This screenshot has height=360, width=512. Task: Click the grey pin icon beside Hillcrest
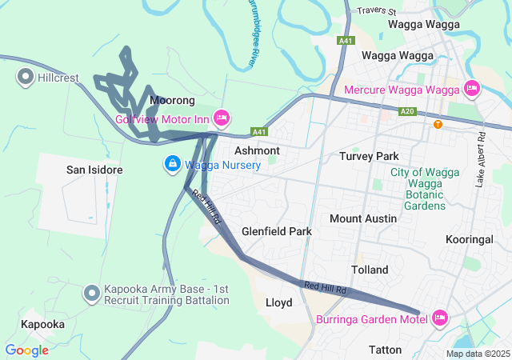(x=25, y=78)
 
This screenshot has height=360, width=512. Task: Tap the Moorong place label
(x=172, y=101)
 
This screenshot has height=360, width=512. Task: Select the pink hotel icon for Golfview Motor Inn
(x=222, y=118)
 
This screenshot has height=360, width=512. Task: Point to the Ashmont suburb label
(x=257, y=150)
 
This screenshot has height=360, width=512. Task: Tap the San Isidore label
(x=94, y=170)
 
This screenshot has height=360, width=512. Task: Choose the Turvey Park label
(x=369, y=156)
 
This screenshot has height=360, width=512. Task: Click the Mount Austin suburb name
(x=364, y=218)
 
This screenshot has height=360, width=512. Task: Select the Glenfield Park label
(x=277, y=231)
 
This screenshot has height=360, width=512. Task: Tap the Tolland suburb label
(x=370, y=270)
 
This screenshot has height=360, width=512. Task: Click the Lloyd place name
(x=278, y=302)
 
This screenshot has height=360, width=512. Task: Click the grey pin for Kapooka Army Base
(x=92, y=294)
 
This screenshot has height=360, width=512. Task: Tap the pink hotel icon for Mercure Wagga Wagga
(x=471, y=88)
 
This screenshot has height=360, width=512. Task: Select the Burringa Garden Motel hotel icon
(x=438, y=318)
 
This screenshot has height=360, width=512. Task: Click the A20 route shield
(x=408, y=111)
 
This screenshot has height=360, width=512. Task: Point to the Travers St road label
(x=378, y=12)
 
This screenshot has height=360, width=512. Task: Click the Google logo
(x=26, y=350)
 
